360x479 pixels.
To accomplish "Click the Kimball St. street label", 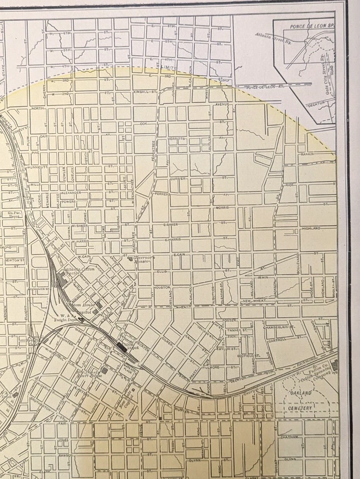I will pos(145,92).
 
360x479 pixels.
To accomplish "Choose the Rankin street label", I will pos(307,155).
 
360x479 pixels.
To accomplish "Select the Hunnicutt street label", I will pos(37,167).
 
